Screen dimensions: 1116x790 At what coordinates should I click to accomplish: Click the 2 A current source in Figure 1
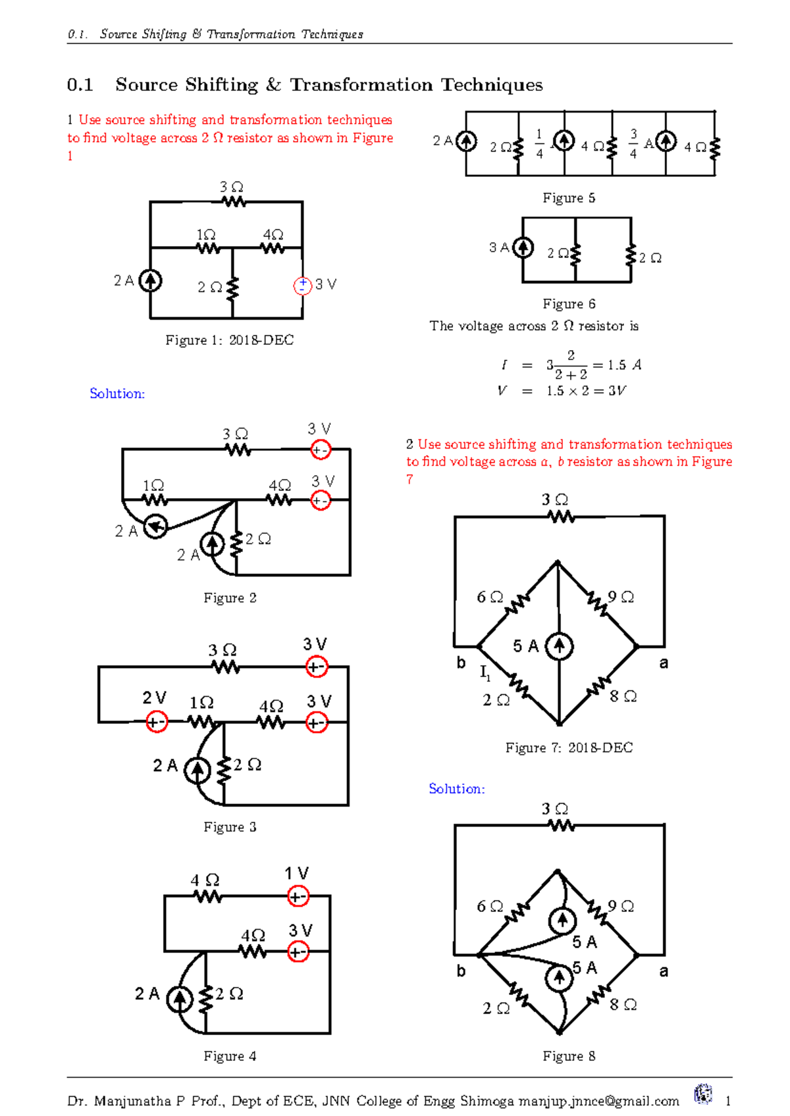click(151, 281)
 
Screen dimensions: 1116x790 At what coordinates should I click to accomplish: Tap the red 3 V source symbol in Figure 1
click(302, 286)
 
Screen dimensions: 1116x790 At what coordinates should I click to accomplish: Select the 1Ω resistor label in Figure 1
click(206, 235)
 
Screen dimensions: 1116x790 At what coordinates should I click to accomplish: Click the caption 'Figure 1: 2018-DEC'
click(229, 340)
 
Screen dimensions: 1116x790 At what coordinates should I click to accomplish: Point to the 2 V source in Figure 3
click(156, 722)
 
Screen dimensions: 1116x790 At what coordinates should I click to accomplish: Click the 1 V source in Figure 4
click(298, 896)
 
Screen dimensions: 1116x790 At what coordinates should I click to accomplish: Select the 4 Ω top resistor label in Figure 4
click(205, 880)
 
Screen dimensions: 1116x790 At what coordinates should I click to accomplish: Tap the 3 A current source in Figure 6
click(523, 248)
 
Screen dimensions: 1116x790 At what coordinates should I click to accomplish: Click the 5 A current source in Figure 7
click(559, 646)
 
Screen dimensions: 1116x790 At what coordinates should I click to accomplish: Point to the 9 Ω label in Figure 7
click(621, 597)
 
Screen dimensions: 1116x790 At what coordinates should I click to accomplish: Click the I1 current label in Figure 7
click(485, 673)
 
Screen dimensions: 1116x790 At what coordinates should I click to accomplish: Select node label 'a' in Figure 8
click(664, 971)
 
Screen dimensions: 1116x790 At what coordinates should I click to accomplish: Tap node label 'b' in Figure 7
click(461, 663)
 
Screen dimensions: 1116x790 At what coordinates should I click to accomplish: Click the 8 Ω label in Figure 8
click(623, 1005)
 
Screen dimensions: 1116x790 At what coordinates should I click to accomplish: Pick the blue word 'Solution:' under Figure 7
click(456, 788)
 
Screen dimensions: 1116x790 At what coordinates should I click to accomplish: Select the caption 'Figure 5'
click(569, 198)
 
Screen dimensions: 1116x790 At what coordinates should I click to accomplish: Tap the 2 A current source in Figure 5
click(466, 141)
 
